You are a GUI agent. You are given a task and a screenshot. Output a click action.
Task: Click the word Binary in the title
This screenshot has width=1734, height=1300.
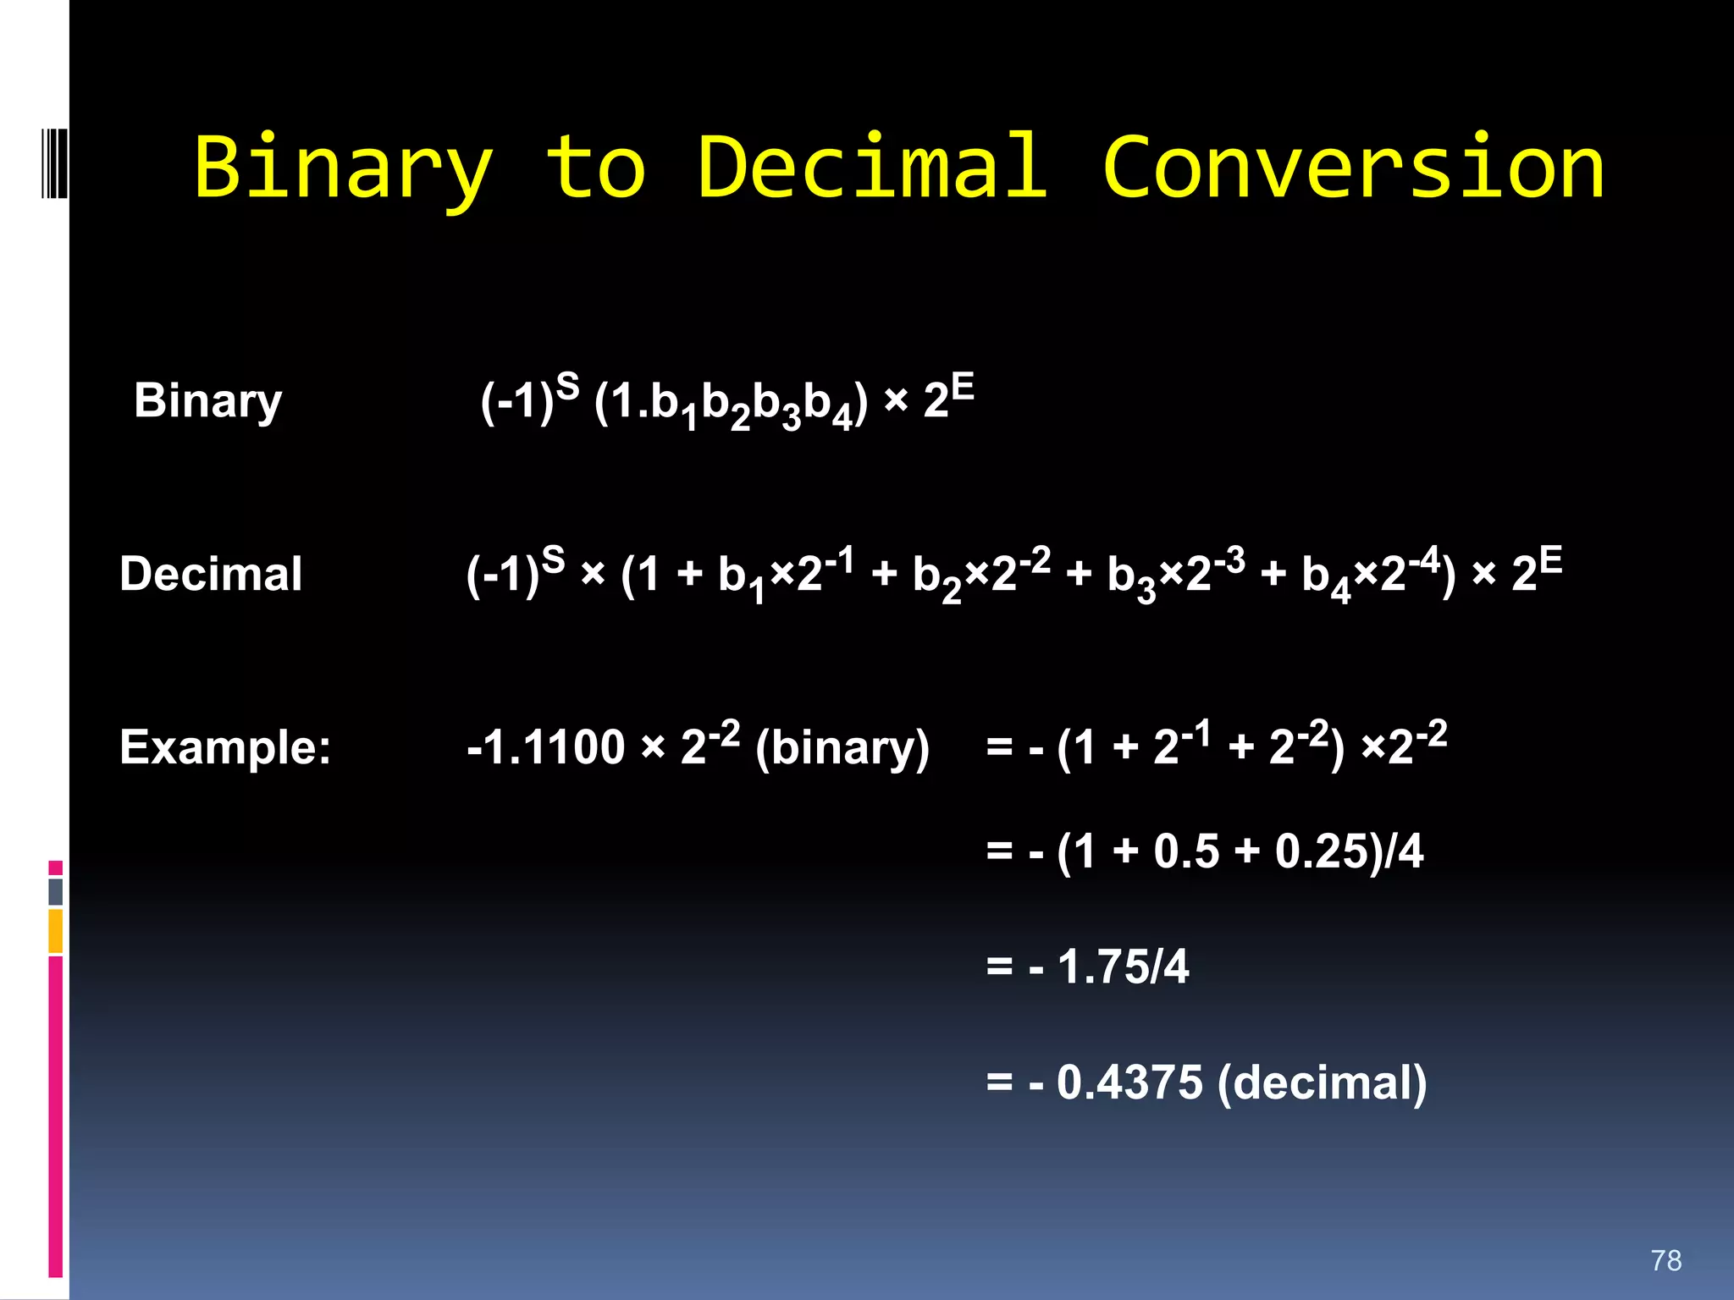(343, 169)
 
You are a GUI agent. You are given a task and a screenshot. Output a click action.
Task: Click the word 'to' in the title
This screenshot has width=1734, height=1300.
(595, 169)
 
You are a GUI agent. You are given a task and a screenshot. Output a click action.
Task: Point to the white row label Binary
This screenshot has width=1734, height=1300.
(207, 401)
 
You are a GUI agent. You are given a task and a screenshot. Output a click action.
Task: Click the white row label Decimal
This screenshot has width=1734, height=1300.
(211, 574)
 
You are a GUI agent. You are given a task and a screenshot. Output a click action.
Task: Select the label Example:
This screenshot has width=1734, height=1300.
(225, 747)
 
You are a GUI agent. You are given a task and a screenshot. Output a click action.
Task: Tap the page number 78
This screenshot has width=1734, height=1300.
(1665, 1260)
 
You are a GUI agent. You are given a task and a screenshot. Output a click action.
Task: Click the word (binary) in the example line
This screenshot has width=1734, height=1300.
(842, 748)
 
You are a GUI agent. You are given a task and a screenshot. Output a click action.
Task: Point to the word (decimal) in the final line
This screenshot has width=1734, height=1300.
(1322, 1082)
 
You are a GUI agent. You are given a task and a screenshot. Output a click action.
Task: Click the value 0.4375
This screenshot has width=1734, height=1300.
(1129, 1082)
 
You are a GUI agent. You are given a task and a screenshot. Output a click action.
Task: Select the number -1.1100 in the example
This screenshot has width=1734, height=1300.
(545, 748)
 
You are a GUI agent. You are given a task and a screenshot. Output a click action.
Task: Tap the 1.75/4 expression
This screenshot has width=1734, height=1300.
(1123, 967)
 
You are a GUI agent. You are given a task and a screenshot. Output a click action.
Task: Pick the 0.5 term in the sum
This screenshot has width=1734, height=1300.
(1186, 851)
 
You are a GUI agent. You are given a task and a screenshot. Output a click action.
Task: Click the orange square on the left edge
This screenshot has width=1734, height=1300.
(56, 930)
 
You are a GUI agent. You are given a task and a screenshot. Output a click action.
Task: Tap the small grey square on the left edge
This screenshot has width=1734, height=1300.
(56, 891)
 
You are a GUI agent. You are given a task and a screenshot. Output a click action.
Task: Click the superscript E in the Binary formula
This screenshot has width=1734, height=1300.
(963, 388)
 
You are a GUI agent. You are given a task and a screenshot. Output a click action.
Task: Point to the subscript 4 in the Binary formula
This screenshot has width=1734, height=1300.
(841, 420)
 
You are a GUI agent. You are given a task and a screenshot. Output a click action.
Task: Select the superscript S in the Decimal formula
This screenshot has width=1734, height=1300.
(553, 559)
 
